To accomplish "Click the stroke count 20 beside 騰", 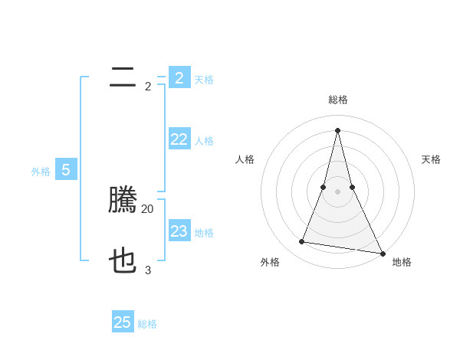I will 148,208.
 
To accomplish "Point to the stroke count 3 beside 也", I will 148,270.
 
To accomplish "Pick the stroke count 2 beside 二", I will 148,86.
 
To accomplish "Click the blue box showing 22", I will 179,139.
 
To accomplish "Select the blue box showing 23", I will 179,231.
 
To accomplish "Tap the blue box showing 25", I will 123,322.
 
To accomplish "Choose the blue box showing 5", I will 65,170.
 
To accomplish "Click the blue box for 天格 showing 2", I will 179,77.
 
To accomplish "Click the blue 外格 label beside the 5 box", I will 41,172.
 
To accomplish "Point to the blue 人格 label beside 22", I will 204,141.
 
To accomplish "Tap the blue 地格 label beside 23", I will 204,233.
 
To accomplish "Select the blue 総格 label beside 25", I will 147,324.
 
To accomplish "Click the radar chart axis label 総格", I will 337,100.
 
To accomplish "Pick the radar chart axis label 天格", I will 431,159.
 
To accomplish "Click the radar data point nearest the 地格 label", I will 382,253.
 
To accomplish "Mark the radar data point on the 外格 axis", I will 302,242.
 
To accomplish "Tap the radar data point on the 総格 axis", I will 337,129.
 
